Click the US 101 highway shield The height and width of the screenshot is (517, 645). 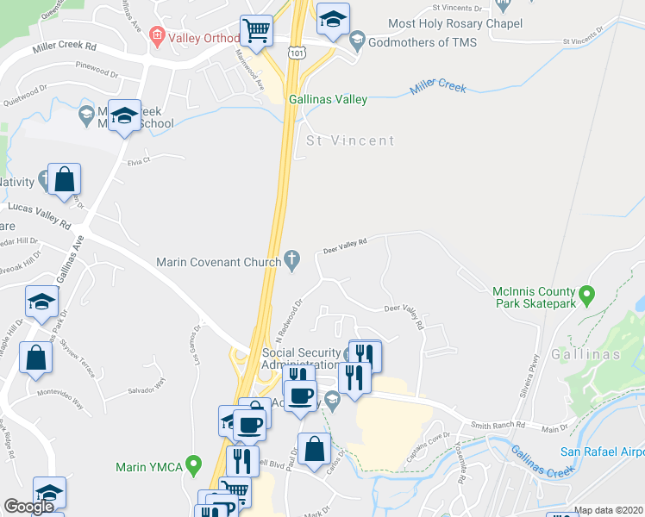pyautogui.click(x=296, y=53)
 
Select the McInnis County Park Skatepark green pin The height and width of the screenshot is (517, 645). pyautogui.click(x=587, y=296)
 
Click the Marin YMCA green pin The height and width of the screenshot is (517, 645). pyautogui.click(x=195, y=467)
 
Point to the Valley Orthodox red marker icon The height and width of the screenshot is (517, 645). pyautogui.click(x=156, y=35)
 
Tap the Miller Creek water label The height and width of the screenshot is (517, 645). pyautogui.click(x=438, y=85)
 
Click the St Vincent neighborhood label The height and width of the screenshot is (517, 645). pyautogui.click(x=350, y=140)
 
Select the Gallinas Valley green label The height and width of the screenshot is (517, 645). pyautogui.click(x=328, y=100)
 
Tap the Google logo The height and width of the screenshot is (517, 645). pyautogui.click(x=29, y=507)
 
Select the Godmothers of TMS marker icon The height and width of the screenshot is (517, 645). pyautogui.click(x=356, y=41)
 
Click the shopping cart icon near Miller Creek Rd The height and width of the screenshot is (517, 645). pyautogui.click(x=256, y=31)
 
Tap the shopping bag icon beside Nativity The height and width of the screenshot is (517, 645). pyautogui.click(x=64, y=179)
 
